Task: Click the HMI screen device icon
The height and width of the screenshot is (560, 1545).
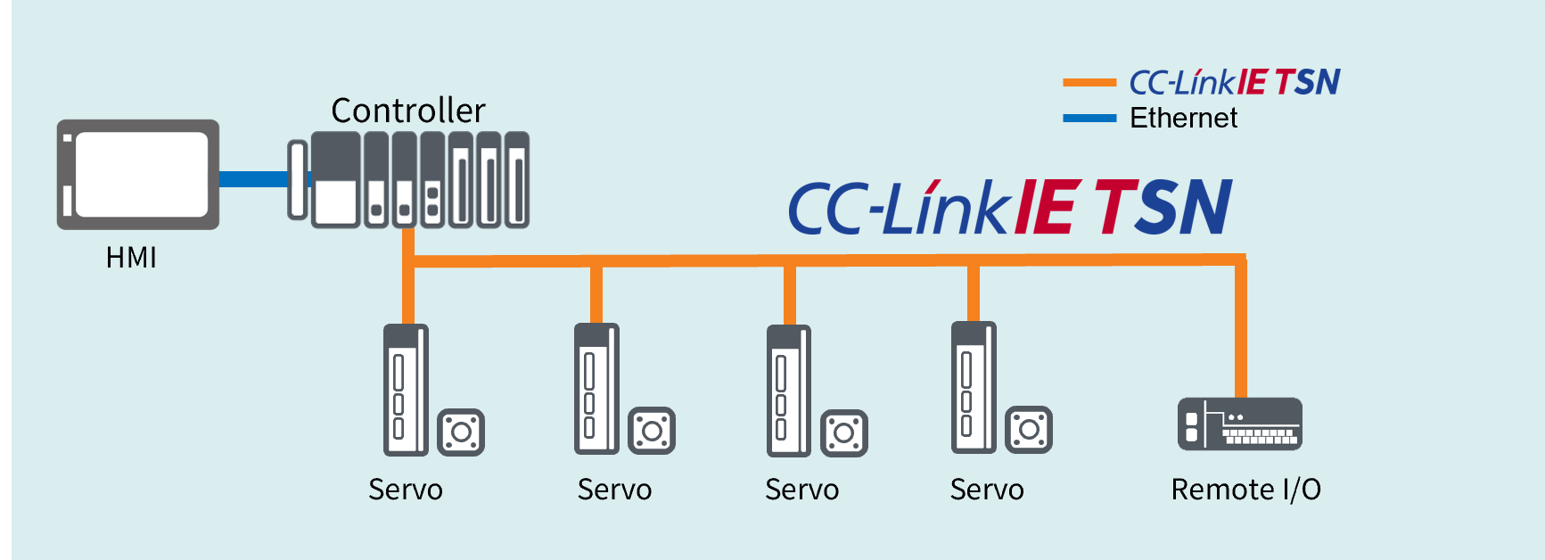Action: click(138, 175)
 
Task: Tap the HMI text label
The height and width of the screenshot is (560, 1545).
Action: click(131, 258)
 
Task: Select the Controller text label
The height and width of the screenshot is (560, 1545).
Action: click(408, 111)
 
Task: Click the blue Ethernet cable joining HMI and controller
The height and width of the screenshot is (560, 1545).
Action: click(253, 178)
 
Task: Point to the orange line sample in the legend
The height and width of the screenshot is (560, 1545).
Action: click(1089, 83)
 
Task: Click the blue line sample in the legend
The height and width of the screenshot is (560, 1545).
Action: click(1089, 118)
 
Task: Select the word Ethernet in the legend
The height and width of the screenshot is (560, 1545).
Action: click(1183, 118)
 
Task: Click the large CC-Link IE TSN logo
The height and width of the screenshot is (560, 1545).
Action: click(1010, 207)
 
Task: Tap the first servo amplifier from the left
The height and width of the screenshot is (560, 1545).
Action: click(406, 390)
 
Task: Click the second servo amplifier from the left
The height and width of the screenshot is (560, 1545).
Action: click(596, 389)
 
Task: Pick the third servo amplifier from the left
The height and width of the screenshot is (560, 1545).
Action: click(789, 391)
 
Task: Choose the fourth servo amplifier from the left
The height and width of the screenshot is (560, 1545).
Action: click(974, 388)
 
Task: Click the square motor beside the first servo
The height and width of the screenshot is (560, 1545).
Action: click(461, 432)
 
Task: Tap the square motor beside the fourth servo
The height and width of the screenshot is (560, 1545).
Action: click(1029, 430)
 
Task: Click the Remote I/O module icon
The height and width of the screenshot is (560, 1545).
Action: click(1239, 424)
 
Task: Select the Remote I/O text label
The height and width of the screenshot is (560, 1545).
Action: click(1245, 490)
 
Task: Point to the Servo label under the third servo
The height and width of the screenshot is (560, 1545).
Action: click(801, 490)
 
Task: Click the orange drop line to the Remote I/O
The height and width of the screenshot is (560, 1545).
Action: click(1240, 330)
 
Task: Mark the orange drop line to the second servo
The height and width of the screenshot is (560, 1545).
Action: click(596, 294)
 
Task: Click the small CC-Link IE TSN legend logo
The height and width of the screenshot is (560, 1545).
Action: click(1234, 82)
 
